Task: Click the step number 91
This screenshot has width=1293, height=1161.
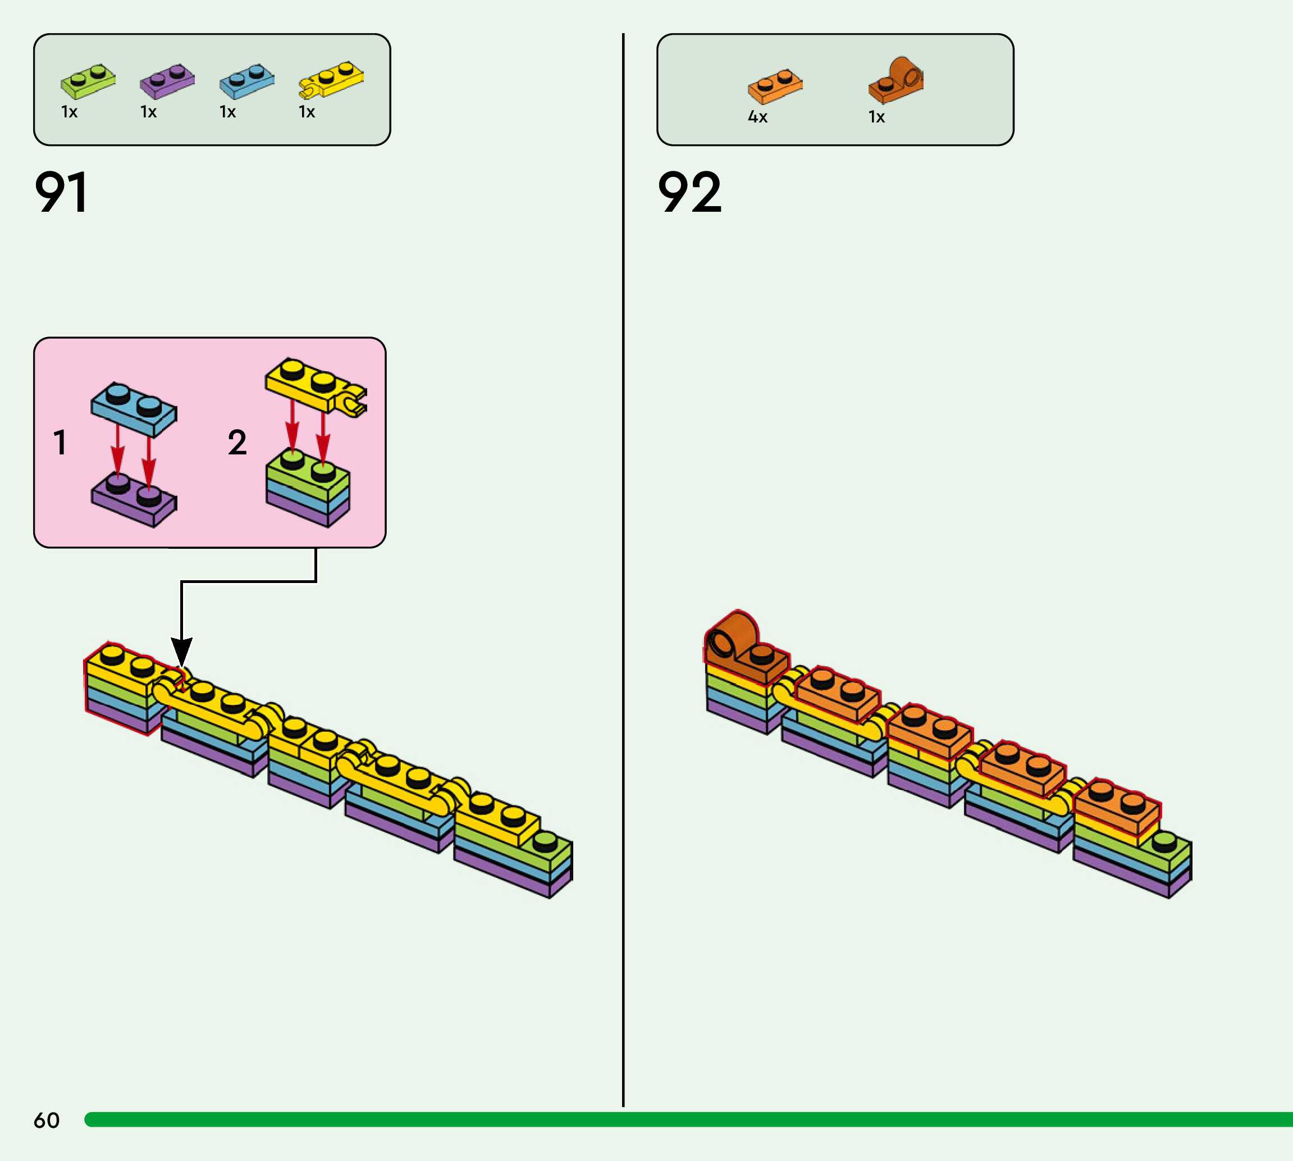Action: tap(61, 192)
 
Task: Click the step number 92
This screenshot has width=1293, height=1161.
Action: tap(690, 192)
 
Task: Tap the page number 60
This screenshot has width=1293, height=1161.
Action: tap(47, 1120)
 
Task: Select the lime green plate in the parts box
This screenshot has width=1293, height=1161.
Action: tap(88, 81)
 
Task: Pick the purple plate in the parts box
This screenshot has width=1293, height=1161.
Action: tap(167, 81)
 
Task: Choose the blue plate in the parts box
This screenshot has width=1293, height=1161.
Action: tap(246, 81)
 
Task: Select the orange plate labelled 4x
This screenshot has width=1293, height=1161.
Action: tap(775, 86)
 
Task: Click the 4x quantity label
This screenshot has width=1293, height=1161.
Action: tap(757, 117)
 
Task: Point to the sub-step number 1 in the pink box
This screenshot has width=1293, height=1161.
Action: tap(60, 443)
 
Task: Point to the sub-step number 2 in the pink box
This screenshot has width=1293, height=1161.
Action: tap(237, 443)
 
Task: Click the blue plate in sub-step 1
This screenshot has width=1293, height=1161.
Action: tap(134, 409)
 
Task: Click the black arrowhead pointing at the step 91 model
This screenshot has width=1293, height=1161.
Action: tap(182, 652)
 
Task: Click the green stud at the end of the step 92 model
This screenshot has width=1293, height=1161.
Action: tap(1165, 842)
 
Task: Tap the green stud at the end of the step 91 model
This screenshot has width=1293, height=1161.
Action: tap(545, 842)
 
